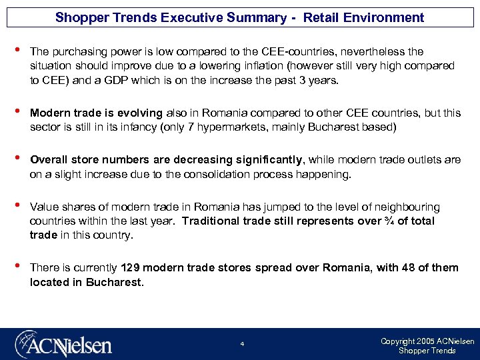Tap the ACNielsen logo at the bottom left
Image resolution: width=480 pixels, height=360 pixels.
pos(64,344)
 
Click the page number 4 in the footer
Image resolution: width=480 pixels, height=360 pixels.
pos(242,344)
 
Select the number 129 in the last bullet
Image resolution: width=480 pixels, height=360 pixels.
pos(130,268)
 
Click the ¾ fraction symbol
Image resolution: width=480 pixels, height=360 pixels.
pos(394,221)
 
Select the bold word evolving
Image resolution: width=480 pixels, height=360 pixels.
pos(138,113)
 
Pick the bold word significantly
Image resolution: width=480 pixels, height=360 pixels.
pos(268,160)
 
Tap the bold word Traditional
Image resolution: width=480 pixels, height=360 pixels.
pos(213,221)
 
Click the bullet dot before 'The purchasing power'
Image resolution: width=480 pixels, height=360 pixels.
pos(17,51)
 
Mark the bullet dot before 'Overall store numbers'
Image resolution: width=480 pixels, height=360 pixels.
pos(17,159)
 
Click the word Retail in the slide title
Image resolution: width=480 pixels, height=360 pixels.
pos(321,17)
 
